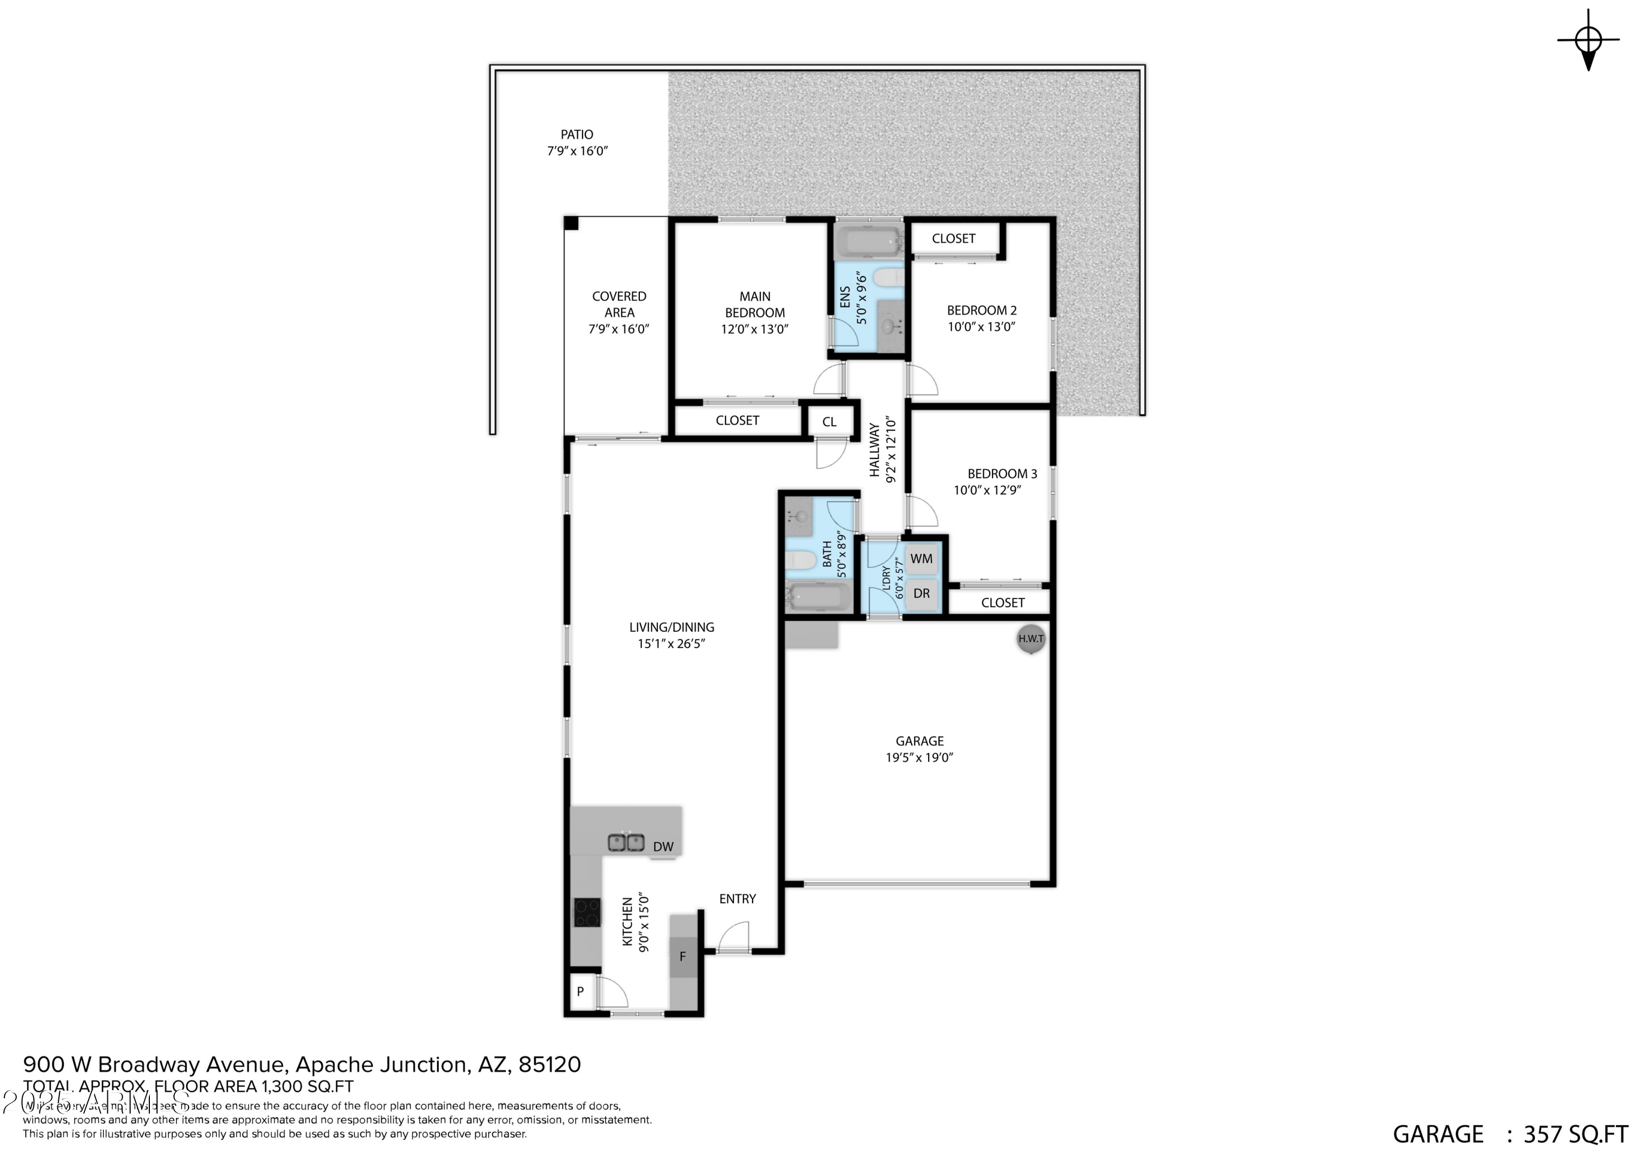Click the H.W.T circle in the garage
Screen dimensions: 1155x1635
tap(1031, 639)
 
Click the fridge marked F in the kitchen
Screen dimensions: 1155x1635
tap(682, 957)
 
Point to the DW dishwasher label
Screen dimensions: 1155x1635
tap(663, 846)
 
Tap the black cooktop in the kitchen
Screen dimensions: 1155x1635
tap(587, 912)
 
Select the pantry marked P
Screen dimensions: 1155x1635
tap(581, 991)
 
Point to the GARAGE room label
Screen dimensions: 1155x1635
tap(919, 741)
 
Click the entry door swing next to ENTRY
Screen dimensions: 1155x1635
tap(734, 936)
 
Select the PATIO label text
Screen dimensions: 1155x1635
tap(577, 135)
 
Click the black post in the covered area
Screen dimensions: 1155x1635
tap(571, 223)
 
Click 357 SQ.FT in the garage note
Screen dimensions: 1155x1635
tap(1575, 1134)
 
